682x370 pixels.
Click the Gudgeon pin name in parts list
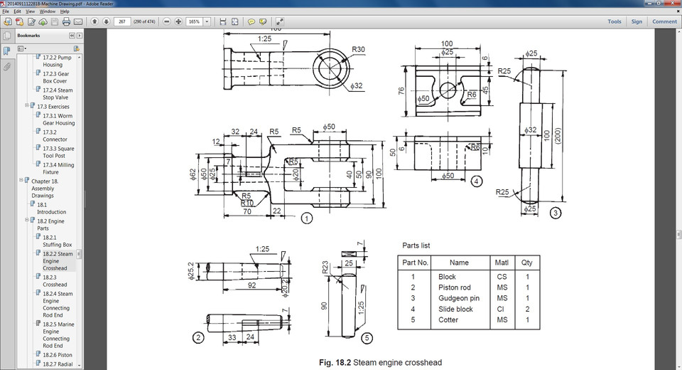pyautogui.click(x=459, y=298)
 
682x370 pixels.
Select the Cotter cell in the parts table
pyautogui.click(x=448, y=320)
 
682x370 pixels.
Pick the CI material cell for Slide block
pyautogui.click(x=502, y=309)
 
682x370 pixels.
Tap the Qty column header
pyautogui.click(x=527, y=263)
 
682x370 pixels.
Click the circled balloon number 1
pyautogui.click(x=306, y=218)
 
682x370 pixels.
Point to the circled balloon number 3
pyautogui.click(x=556, y=212)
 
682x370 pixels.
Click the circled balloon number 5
pyautogui.click(x=366, y=337)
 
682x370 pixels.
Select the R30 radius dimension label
pyautogui.click(x=359, y=50)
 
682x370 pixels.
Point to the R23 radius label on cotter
pyautogui.click(x=325, y=268)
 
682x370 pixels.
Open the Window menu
pyautogui.click(x=47, y=11)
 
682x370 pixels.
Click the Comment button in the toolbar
pyautogui.click(x=664, y=21)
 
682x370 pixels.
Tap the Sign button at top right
pyautogui.click(x=637, y=21)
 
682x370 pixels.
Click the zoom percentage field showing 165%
pyautogui.click(x=194, y=21)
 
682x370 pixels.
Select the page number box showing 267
pyautogui.click(x=123, y=21)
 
